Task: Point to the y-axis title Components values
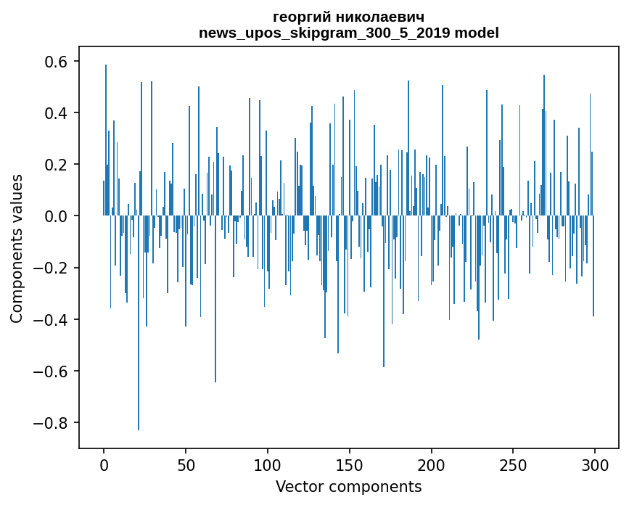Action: tap(17, 248)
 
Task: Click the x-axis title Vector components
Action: tap(348, 486)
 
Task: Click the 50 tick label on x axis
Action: tap(186, 465)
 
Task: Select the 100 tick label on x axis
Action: tap(268, 465)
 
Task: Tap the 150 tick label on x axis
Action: tap(350, 465)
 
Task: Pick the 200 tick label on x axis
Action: tap(432, 465)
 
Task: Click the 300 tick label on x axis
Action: tap(595, 465)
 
